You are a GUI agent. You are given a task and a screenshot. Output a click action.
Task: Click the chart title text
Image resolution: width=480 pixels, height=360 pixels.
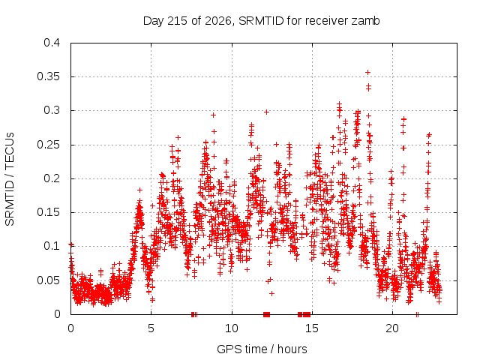point(262,21)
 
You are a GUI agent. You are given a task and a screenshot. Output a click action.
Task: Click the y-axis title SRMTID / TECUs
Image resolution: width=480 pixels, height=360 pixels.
point(10,179)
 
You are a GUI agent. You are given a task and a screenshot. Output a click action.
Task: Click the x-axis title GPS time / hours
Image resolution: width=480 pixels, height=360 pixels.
point(262,349)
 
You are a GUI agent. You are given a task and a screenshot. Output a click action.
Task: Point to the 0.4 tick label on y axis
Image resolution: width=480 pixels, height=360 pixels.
point(52,43)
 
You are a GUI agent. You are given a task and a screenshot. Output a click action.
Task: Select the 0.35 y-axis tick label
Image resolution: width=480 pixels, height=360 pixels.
point(48,76)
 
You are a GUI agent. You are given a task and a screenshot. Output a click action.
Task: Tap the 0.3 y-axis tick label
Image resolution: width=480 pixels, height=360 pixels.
point(52,110)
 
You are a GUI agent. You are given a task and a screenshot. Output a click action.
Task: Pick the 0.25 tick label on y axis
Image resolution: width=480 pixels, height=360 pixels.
point(48,145)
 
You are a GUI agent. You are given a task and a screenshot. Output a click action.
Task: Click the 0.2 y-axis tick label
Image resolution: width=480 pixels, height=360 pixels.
point(52,178)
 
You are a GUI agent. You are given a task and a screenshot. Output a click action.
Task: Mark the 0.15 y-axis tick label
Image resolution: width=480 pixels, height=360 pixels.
point(48,212)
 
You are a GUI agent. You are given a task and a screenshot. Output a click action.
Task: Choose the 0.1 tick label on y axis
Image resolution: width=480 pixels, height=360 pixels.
point(52,246)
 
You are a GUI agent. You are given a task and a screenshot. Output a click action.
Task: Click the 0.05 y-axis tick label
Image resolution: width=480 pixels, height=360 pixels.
point(48,280)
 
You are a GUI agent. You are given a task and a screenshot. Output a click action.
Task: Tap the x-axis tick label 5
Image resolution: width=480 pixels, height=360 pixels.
point(151,328)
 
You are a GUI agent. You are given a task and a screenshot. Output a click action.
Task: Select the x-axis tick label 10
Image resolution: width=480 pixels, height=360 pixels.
point(232,328)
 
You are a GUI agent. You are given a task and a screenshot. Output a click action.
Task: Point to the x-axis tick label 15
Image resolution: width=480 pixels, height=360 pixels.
point(312,328)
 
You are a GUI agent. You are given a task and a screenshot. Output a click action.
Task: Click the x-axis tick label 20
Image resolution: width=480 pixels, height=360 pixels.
point(392,328)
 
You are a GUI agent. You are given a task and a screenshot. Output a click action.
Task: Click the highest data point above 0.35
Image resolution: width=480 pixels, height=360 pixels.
point(368,73)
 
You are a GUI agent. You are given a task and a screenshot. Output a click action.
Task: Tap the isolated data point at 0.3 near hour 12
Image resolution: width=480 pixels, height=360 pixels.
point(267,112)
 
